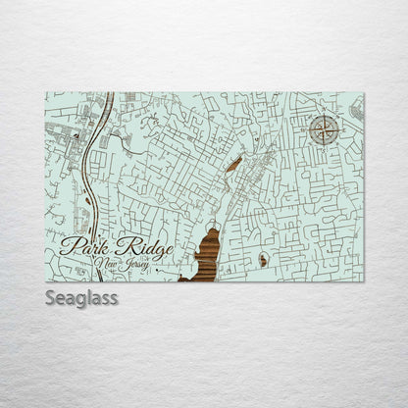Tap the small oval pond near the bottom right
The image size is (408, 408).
coord(264,260)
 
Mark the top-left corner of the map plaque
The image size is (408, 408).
coord(46,92)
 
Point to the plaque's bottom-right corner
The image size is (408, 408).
coord(364,281)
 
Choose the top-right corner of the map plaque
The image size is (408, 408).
coord(364,92)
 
